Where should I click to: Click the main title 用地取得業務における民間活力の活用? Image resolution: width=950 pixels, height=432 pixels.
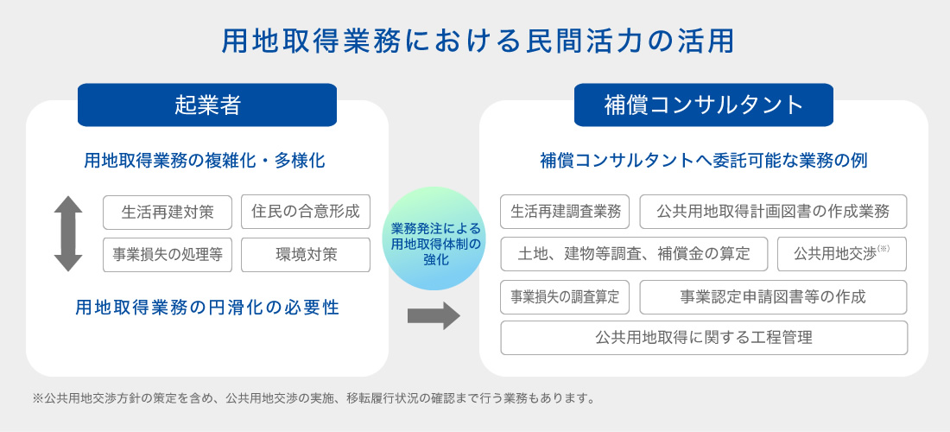pyautogui.click(x=478, y=41)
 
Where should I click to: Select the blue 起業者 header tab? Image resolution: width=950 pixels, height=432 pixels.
pyautogui.click(x=207, y=105)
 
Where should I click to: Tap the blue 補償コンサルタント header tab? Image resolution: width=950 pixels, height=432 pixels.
pyautogui.click(x=703, y=105)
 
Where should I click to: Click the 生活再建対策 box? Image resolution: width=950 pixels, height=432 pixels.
pyautogui.click(x=168, y=212)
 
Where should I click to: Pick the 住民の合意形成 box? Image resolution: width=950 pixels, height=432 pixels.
pyautogui.click(x=306, y=212)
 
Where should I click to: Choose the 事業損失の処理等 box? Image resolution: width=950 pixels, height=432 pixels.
pyautogui.click(x=168, y=255)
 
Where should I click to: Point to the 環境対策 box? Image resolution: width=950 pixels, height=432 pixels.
pyautogui.click(x=306, y=255)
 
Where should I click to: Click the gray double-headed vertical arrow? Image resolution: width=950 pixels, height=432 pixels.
pyautogui.click(x=68, y=233)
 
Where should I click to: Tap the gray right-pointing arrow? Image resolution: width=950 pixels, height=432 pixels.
pyautogui.click(x=434, y=315)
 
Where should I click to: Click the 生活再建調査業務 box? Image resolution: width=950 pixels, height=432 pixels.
pyautogui.click(x=566, y=212)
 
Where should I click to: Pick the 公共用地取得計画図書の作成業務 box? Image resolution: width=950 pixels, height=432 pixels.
pyautogui.click(x=773, y=212)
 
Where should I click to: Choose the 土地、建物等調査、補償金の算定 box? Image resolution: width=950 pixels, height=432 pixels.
pyautogui.click(x=635, y=254)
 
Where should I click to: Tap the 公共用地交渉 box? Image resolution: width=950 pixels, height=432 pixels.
pyautogui.click(x=842, y=254)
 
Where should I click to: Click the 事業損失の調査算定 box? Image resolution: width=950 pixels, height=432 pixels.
pyautogui.click(x=566, y=297)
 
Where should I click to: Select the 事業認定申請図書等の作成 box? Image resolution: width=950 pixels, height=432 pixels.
pyautogui.click(x=773, y=297)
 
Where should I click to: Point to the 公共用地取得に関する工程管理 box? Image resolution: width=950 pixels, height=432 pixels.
pyautogui.click(x=704, y=338)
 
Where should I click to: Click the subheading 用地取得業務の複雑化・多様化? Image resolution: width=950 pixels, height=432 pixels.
pyautogui.click(x=205, y=162)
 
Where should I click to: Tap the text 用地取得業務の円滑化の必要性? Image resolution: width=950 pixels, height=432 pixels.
pyautogui.click(x=207, y=308)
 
